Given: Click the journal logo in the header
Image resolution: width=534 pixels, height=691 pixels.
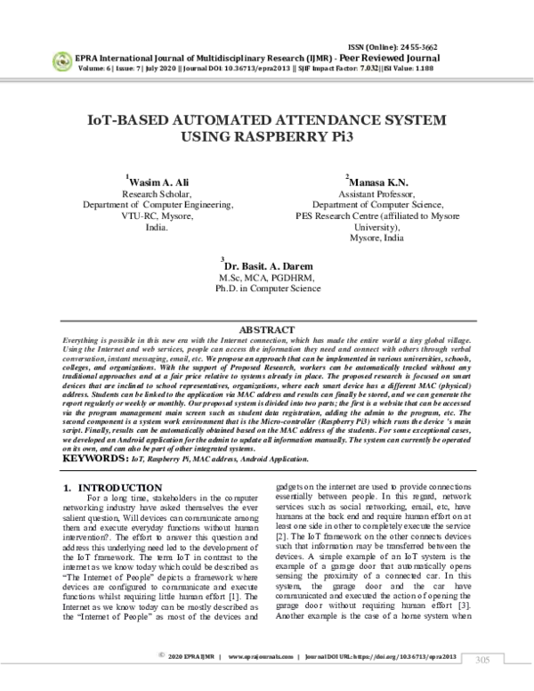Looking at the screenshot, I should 62,61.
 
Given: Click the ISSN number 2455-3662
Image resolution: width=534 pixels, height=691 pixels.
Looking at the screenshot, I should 425,47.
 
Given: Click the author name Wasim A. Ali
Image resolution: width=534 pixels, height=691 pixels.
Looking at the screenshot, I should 159,180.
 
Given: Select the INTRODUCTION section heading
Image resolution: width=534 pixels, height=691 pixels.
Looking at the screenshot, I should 119,488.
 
